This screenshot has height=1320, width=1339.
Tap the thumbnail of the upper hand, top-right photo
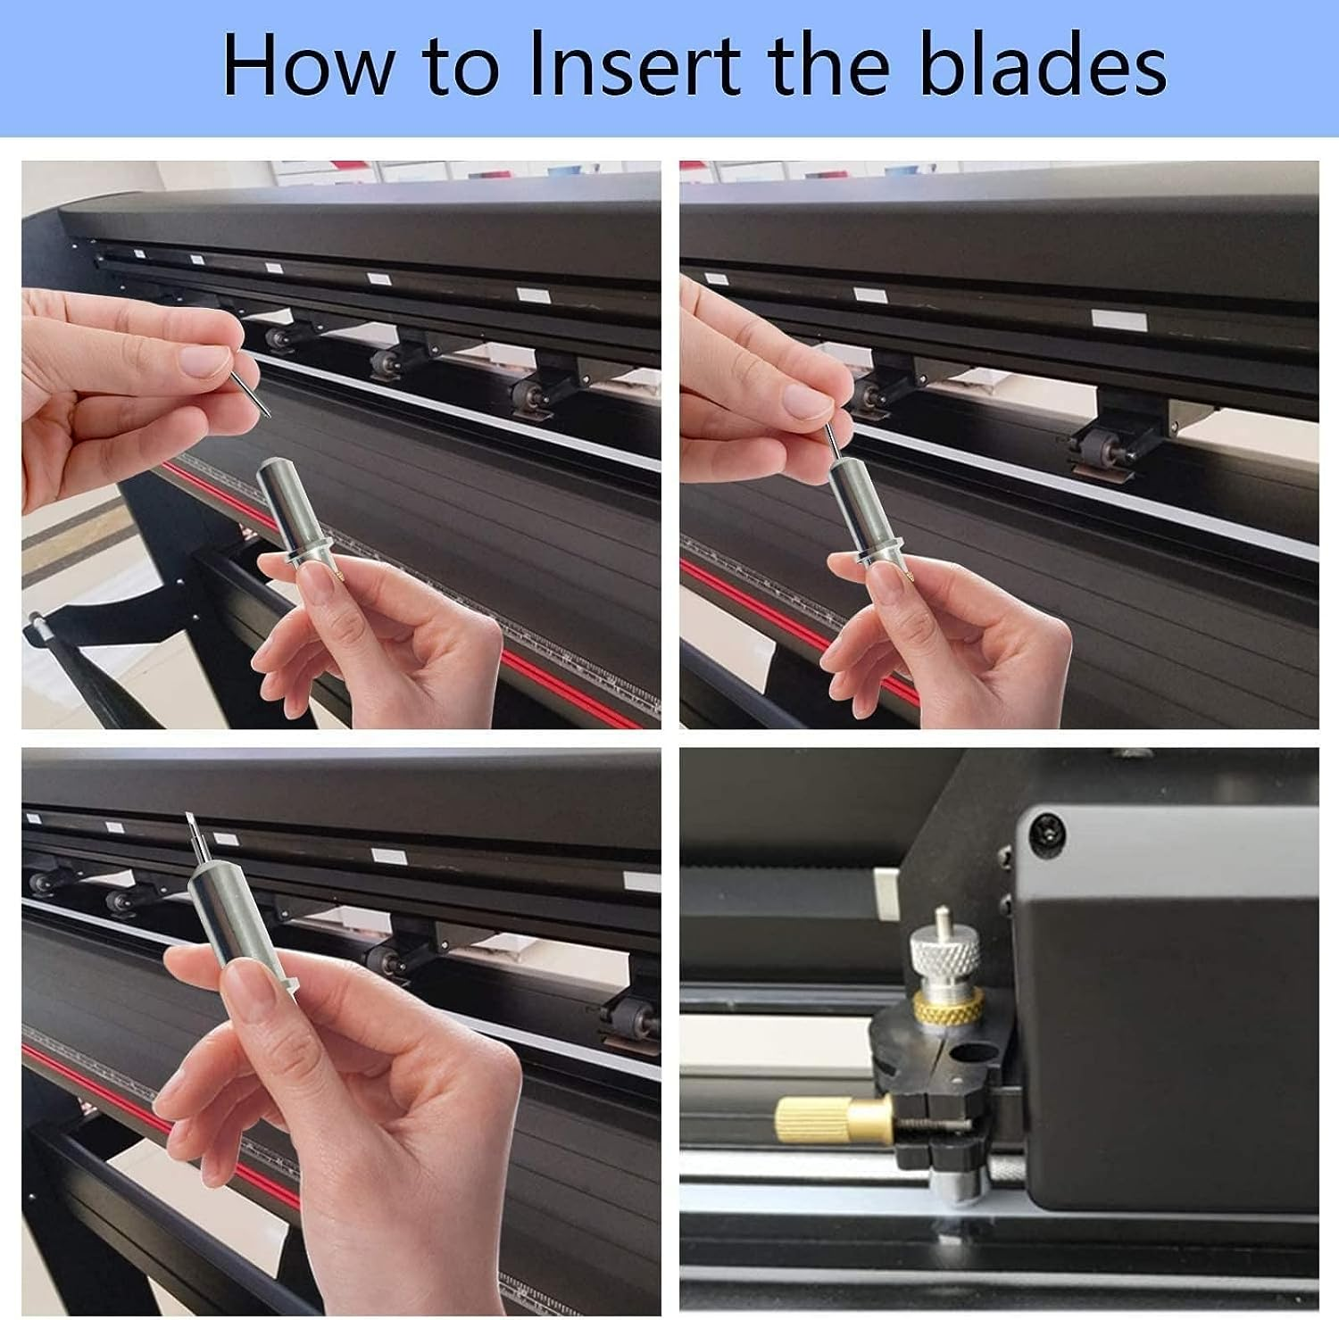[x=804, y=401]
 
